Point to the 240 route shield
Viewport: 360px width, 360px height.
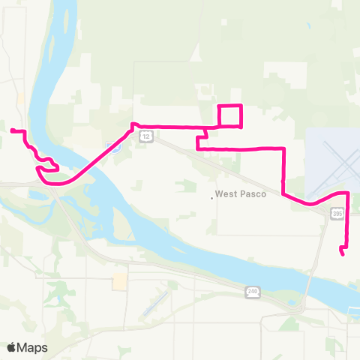click(250, 291)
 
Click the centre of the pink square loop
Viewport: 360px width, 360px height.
click(229, 115)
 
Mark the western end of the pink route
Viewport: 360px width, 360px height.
click(12, 131)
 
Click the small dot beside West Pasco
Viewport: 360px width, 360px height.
click(211, 198)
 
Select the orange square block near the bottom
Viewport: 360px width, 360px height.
click(119, 282)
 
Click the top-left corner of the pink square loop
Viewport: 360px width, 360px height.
click(219, 106)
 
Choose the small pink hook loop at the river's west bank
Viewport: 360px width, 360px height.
click(51, 164)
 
